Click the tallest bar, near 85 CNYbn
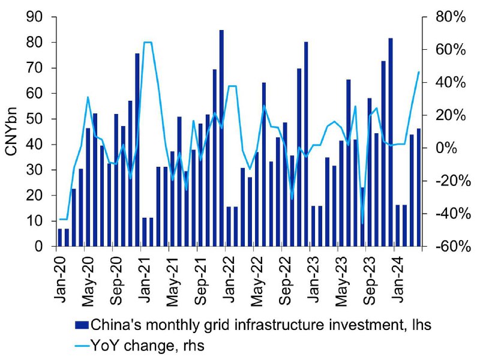click(221, 138)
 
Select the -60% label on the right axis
click(453, 247)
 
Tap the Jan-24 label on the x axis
click(398, 279)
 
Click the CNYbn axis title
click(11, 131)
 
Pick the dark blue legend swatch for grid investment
click(82, 325)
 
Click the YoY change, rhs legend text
click(148, 346)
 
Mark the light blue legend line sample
click(82, 346)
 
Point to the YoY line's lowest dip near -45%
click(363, 223)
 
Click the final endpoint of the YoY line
click(419, 72)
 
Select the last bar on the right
click(419, 187)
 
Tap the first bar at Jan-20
click(59, 238)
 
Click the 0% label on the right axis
click(446, 148)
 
